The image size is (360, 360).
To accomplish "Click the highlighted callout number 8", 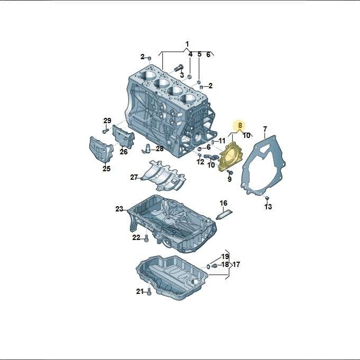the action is [240, 126].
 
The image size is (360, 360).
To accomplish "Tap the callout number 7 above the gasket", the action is [265, 129].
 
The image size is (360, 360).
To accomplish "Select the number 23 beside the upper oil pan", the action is [119, 209].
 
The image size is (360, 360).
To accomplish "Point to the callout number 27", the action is [134, 177].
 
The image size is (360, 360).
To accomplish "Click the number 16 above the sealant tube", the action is [224, 203].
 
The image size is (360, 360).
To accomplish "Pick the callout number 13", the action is [268, 207].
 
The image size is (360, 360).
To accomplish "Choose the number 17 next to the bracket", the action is [236, 264].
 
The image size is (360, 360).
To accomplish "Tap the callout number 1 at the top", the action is [187, 44].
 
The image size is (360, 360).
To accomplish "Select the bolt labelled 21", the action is [149, 292].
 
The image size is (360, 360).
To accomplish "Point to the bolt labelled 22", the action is [146, 239].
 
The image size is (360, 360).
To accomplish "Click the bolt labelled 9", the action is [230, 172].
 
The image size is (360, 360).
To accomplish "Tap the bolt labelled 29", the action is [105, 131].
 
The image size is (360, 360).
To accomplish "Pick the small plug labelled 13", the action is [267, 198].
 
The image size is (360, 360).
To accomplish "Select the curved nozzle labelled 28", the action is [146, 148].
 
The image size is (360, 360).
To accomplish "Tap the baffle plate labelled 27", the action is [163, 177].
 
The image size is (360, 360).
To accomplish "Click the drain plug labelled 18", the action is [214, 265].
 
